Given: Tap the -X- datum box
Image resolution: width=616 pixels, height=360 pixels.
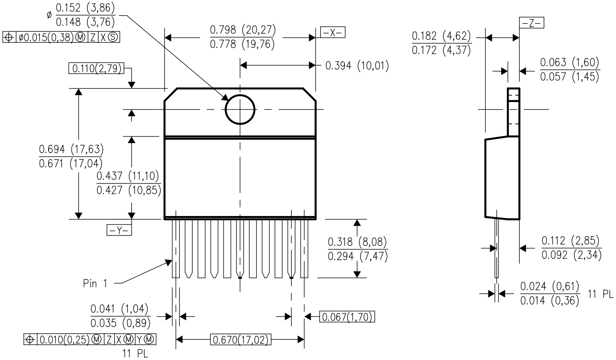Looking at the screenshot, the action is click(332, 33).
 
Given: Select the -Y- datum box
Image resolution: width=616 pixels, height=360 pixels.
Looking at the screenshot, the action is click(119, 230).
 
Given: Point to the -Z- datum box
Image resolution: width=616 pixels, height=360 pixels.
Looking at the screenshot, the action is click(531, 23).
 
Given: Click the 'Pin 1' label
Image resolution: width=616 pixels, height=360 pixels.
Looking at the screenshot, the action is click(95, 283).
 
